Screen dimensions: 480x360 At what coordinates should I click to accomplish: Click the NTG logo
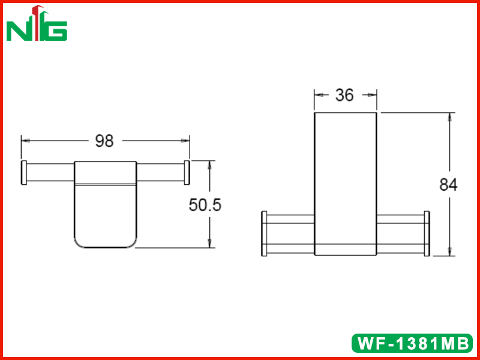[37, 23]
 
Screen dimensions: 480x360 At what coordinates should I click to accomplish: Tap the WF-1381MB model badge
[412, 343]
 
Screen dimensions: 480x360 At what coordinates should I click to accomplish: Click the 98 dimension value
[104, 141]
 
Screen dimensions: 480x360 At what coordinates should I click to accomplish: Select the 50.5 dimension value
[205, 205]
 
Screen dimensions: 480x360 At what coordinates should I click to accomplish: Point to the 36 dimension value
[344, 95]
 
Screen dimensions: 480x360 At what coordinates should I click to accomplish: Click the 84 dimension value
[448, 185]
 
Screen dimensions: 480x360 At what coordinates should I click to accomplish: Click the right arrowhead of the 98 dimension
[185, 141]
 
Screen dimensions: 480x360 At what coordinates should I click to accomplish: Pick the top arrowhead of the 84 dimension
[449, 117]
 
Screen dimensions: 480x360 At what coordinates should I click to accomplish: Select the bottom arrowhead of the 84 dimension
[449, 251]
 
